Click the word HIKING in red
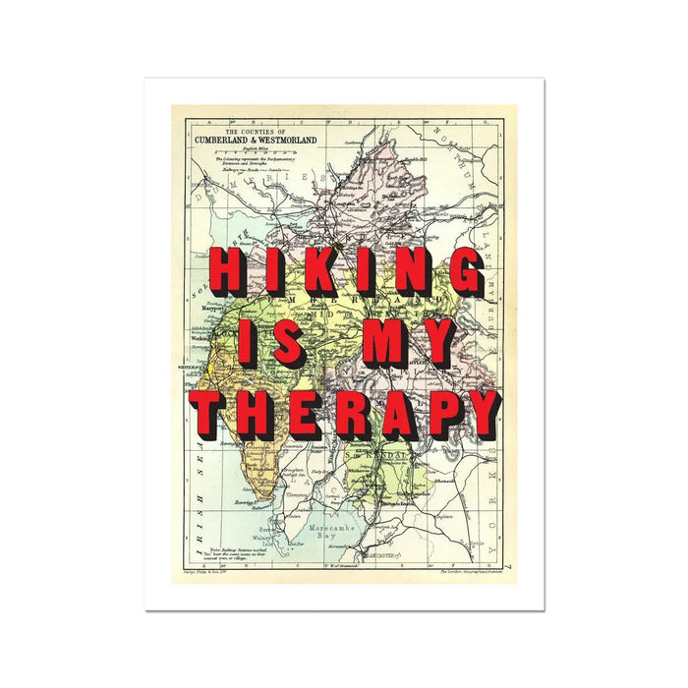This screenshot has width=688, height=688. tap(345, 271)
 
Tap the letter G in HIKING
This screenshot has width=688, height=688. tap(463, 271)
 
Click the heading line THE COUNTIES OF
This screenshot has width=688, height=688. tap(255, 131)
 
